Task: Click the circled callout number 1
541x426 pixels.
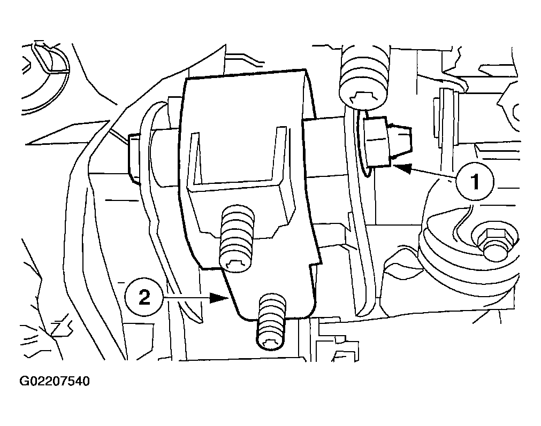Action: [475, 181]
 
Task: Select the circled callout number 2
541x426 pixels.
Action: [144, 297]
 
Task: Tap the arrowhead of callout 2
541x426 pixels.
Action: [219, 297]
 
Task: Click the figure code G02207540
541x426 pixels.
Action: [55, 381]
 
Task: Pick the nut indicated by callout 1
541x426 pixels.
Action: [377, 141]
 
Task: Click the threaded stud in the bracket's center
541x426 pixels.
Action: [238, 238]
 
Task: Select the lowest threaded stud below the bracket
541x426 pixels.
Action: [272, 322]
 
